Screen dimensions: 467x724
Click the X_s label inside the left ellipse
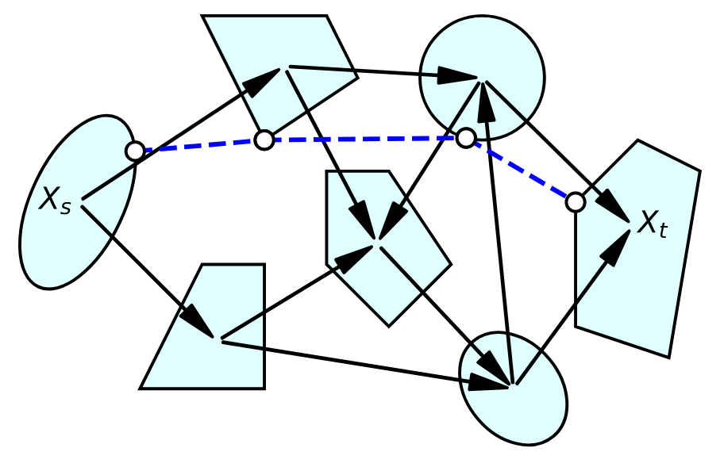54,201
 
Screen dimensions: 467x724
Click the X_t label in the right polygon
652,224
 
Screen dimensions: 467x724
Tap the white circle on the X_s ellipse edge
135,150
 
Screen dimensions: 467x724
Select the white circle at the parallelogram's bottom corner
264,140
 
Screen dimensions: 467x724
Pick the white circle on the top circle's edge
466,138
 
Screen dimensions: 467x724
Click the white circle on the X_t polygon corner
576,202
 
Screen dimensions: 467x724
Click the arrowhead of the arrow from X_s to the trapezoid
198,324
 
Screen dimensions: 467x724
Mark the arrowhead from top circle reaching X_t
618,208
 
